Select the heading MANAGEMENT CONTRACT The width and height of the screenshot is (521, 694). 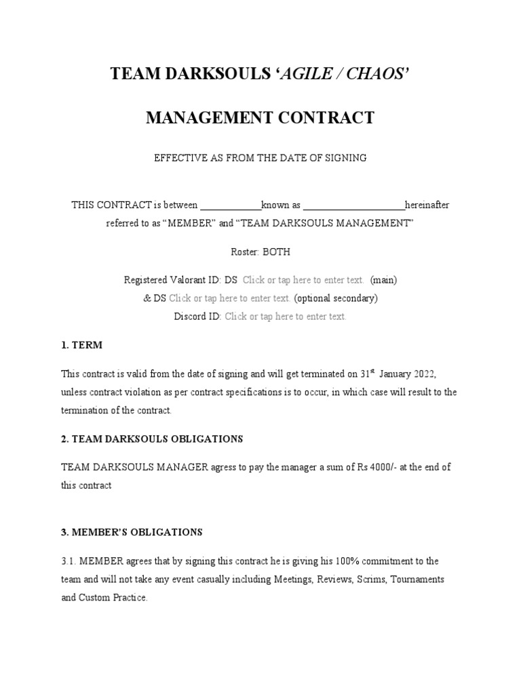click(260, 117)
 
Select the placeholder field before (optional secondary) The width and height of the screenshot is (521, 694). click(230, 298)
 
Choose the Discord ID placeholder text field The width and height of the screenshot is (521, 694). click(285, 316)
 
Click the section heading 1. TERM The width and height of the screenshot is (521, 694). click(81, 345)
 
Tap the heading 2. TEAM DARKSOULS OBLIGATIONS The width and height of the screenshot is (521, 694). click(152, 438)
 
